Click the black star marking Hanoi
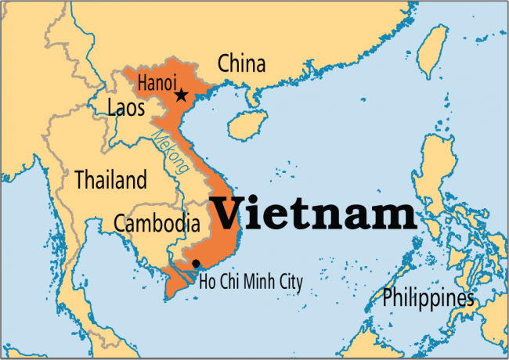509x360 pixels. click(181, 95)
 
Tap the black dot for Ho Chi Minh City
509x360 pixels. click(196, 263)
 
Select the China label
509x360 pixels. click(241, 63)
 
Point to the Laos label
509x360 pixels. click(126, 108)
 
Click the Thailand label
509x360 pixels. click(110, 180)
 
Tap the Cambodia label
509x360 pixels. click(157, 223)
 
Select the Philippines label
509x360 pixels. click(428, 298)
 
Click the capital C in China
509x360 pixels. click(224, 63)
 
